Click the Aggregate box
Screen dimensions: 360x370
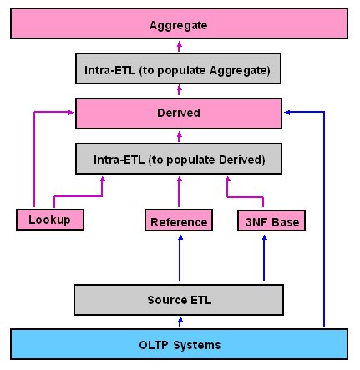pyautogui.click(x=179, y=23)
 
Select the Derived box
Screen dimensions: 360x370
pyautogui.click(x=179, y=114)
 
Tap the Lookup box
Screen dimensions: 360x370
pyautogui.click(x=50, y=220)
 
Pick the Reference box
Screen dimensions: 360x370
pyautogui.click(x=179, y=220)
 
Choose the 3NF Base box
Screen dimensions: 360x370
pyautogui.click(x=271, y=220)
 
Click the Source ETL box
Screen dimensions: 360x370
pyautogui.click(x=179, y=300)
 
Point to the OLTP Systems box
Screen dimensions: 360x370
pyautogui.click(x=179, y=344)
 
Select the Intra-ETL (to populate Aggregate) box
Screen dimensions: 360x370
pyautogui.click(x=178, y=68)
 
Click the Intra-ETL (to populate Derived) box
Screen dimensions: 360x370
pyautogui.click(x=179, y=159)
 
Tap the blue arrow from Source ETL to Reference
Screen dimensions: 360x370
pyautogui.click(x=180, y=258)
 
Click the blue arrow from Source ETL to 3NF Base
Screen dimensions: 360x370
pyautogui.click(x=264, y=258)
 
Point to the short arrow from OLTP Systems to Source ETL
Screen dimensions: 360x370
pyautogui.click(x=180, y=322)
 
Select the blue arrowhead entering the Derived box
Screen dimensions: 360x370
pyautogui.click(x=287, y=113)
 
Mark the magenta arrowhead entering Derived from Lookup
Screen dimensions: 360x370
pyautogui.click(x=70, y=113)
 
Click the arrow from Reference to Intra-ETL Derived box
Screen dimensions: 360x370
pyautogui.click(x=179, y=191)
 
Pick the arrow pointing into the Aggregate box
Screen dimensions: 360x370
pyautogui.click(x=179, y=46)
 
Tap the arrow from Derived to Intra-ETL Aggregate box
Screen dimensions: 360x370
pyautogui.click(x=179, y=90)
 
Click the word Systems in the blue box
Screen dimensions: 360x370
pyautogui.click(x=197, y=345)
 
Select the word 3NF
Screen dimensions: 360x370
pyautogui.click(x=256, y=222)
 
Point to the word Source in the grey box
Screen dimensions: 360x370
pyautogui.click(x=167, y=300)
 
